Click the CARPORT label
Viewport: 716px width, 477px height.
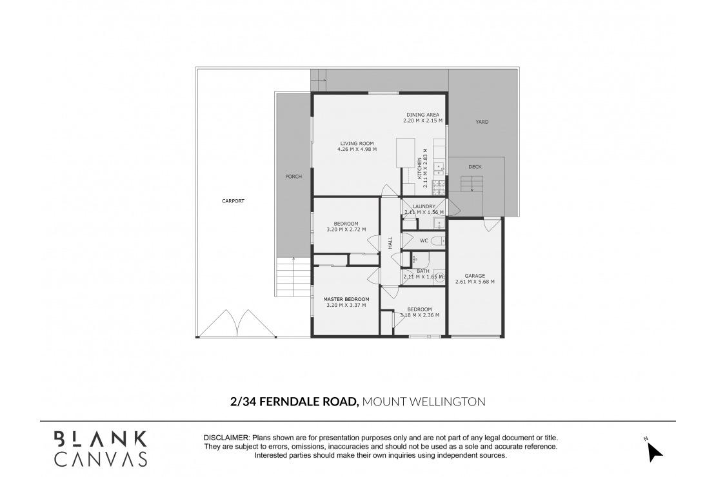click(x=233, y=201)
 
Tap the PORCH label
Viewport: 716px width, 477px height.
click(x=293, y=177)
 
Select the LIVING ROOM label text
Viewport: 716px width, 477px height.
click(x=357, y=143)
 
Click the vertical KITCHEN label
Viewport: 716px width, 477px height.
click(x=419, y=168)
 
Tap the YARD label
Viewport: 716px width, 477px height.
click(x=482, y=121)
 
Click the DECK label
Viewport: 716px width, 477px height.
click(x=475, y=167)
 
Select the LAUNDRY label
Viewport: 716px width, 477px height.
click(x=424, y=207)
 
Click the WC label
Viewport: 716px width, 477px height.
click(x=424, y=240)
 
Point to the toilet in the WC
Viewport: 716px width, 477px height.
click(x=437, y=241)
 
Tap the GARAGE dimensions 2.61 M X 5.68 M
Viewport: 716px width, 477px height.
click(x=475, y=282)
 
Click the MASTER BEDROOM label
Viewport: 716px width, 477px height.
click(x=346, y=299)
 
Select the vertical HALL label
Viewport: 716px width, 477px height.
click(x=390, y=243)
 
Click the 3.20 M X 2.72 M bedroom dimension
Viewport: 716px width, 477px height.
click(x=346, y=229)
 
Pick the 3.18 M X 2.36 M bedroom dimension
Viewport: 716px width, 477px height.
click(x=419, y=315)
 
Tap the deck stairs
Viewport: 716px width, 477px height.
click(x=472, y=184)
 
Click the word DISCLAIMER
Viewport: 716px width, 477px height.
click(x=226, y=438)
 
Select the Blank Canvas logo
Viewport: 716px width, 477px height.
click(x=100, y=449)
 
